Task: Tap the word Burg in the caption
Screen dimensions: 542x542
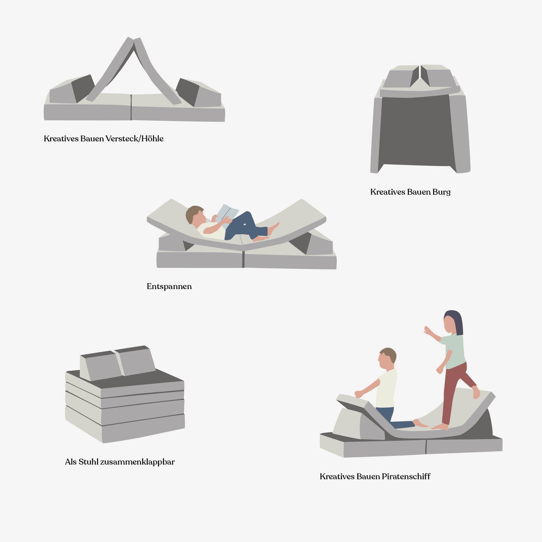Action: tap(441, 192)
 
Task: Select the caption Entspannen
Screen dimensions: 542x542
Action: tap(169, 286)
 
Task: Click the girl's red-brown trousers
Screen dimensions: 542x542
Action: tap(454, 384)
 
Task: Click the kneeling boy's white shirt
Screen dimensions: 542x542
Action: tap(387, 388)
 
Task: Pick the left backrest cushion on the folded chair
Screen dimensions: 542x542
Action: tap(100, 366)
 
